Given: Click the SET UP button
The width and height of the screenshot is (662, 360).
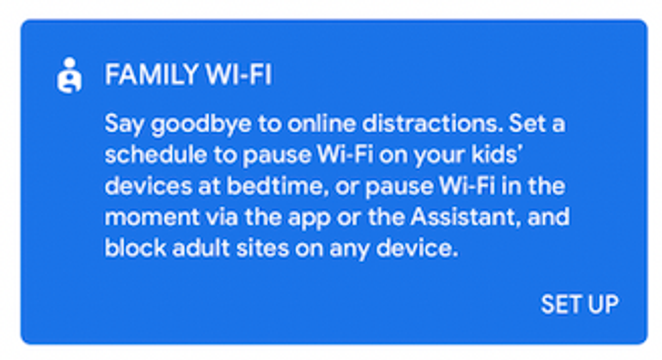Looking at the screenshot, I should tap(579, 304).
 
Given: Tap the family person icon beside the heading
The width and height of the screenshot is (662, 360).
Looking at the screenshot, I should tap(68, 76).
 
